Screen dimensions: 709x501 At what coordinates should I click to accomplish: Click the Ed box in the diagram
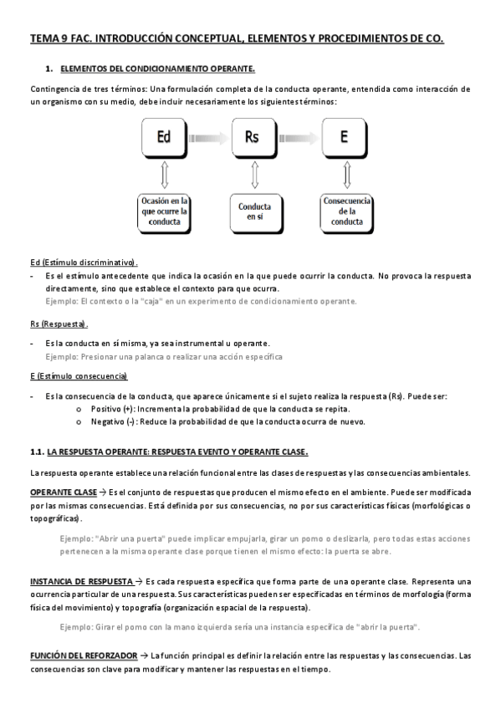[x=165, y=136]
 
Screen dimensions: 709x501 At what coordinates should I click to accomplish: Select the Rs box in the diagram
[x=252, y=136]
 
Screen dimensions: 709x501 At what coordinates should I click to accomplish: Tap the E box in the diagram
[x=345, y=136]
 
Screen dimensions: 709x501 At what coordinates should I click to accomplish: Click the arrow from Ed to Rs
[x=208, y=137]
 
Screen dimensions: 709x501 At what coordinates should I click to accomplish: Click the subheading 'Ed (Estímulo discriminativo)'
[x=84, y=263]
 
